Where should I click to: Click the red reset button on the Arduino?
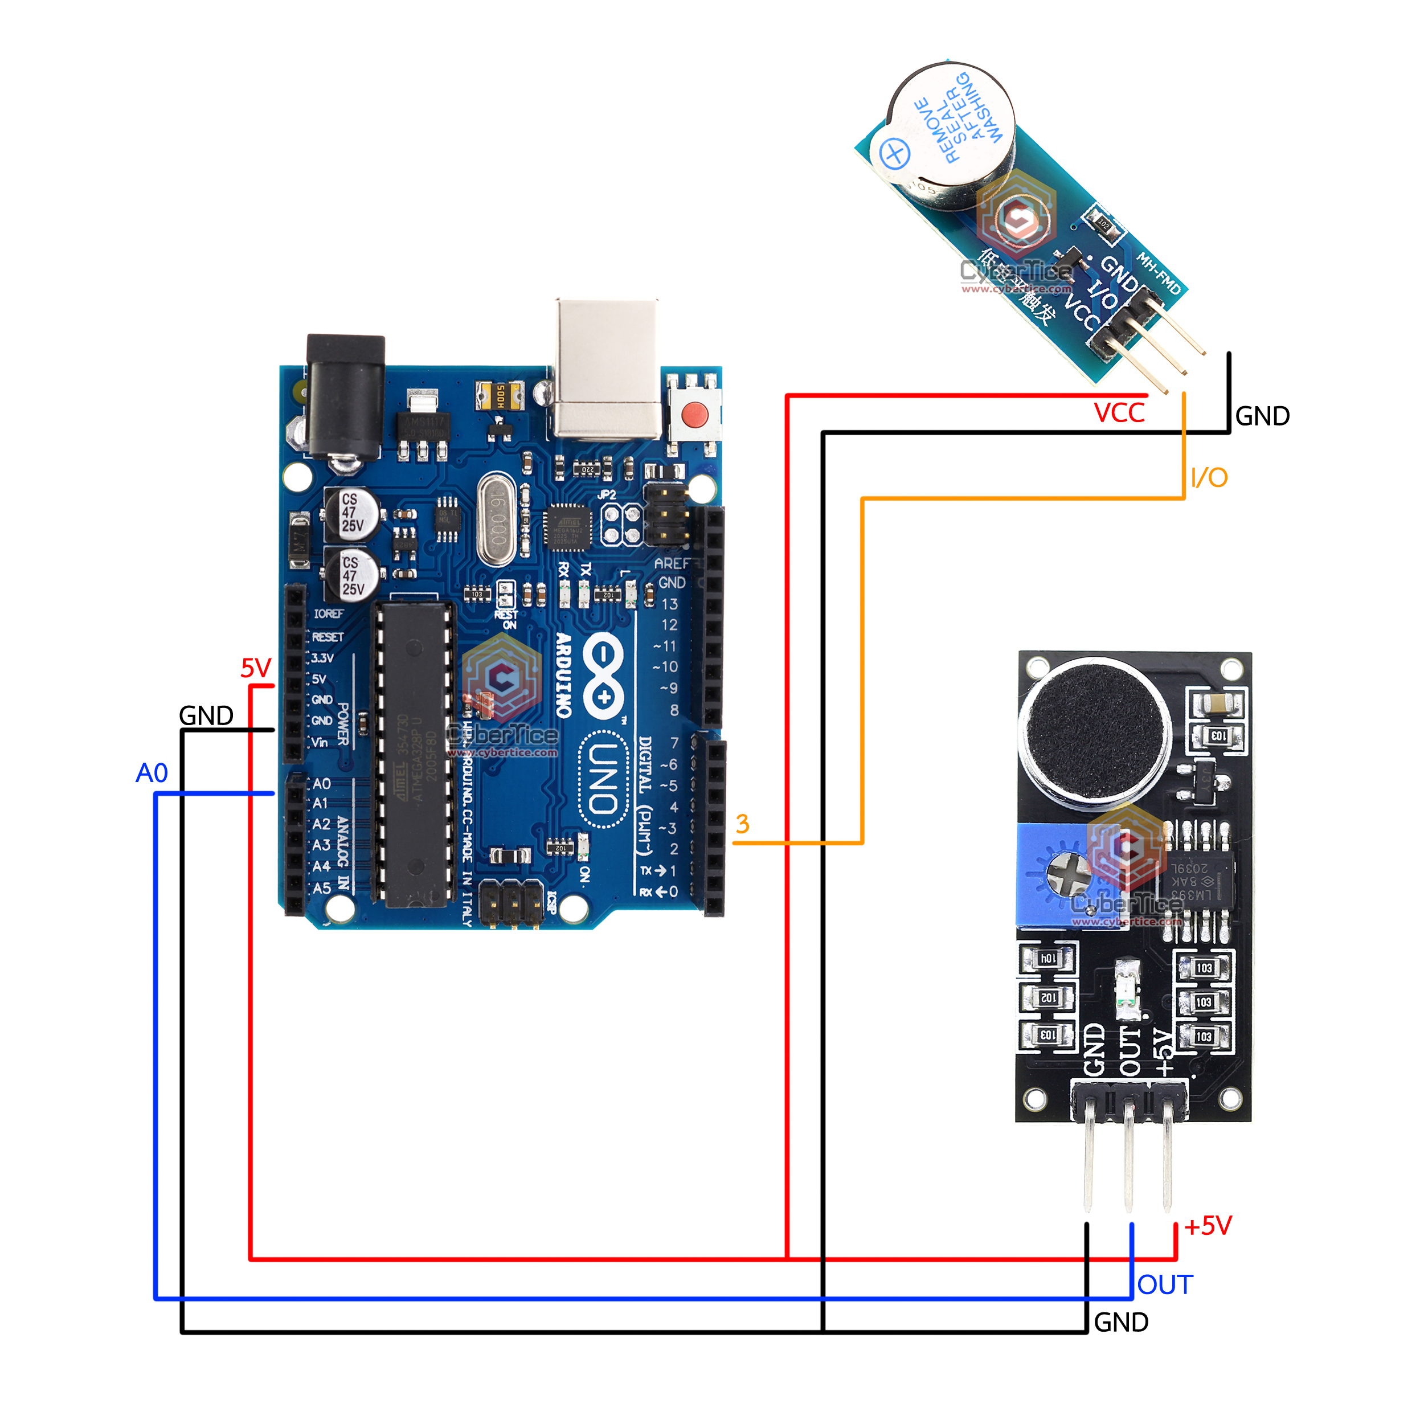coord(693,414)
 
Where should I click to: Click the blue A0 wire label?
coord(152,773)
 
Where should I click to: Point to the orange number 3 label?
coord(742,824)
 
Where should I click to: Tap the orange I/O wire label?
coord(1209,478)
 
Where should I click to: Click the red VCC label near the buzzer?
coord(1119,414)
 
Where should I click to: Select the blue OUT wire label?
coord(1165,1286)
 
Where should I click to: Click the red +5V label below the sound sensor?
coord(1208,1226)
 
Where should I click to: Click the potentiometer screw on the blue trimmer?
coord(1068,874)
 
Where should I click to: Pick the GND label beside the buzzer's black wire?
coord(1262,416)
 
